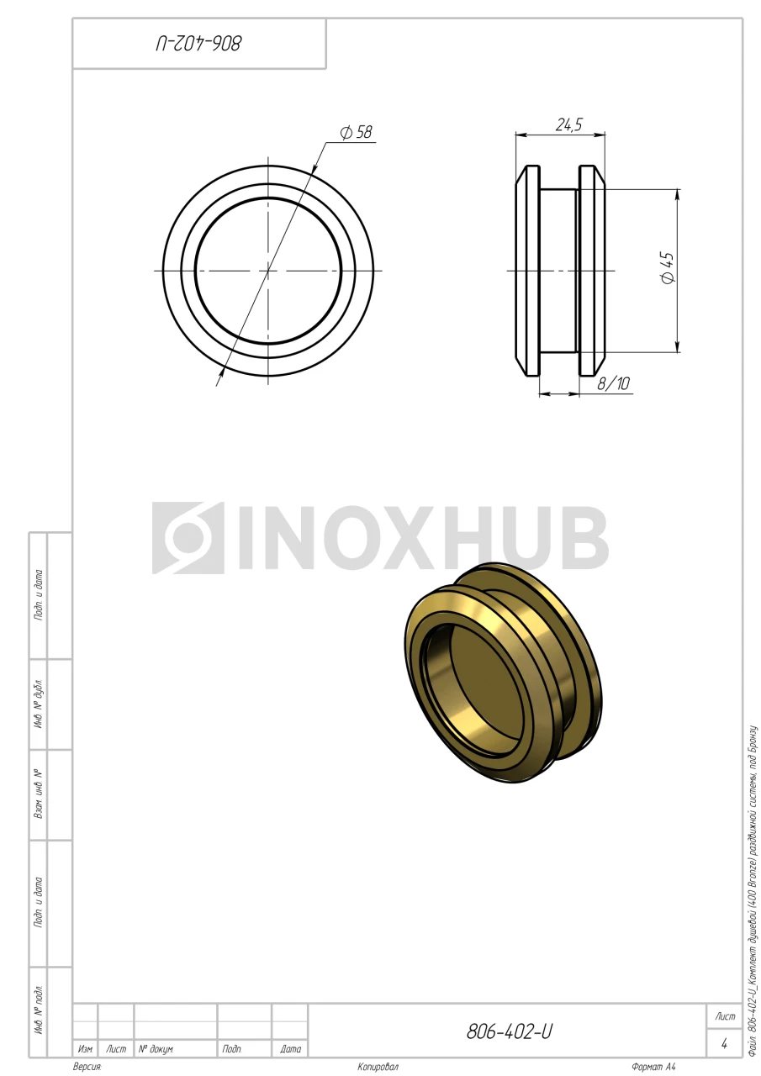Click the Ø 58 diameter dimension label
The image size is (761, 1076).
point(356,132)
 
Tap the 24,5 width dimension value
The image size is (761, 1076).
point(568,125)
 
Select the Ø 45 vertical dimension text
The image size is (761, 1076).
point(668,267)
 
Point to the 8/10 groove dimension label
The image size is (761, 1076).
point(613,383)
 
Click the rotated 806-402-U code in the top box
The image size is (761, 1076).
point(198,44)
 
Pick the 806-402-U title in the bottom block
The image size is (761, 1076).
point(510,1031)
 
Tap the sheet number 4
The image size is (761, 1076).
point(724,1043)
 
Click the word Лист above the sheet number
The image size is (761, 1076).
point(725,1016)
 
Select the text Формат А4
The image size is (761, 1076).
point(653,1067)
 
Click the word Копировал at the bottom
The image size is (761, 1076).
point(378,1067)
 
